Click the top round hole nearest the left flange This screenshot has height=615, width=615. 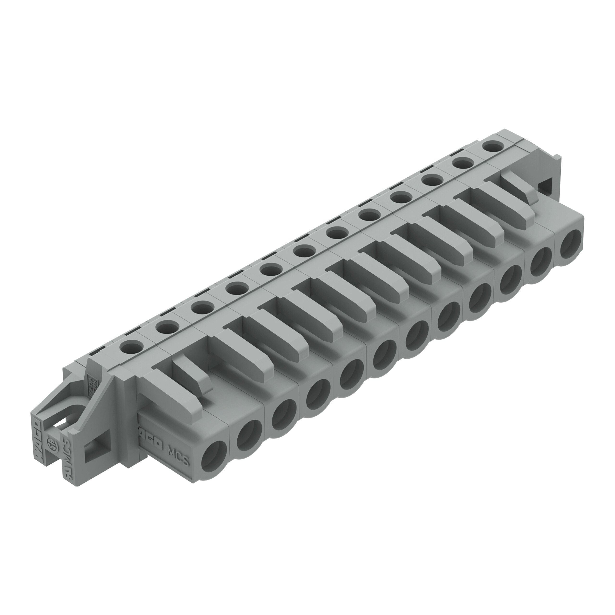click(131, 346)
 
